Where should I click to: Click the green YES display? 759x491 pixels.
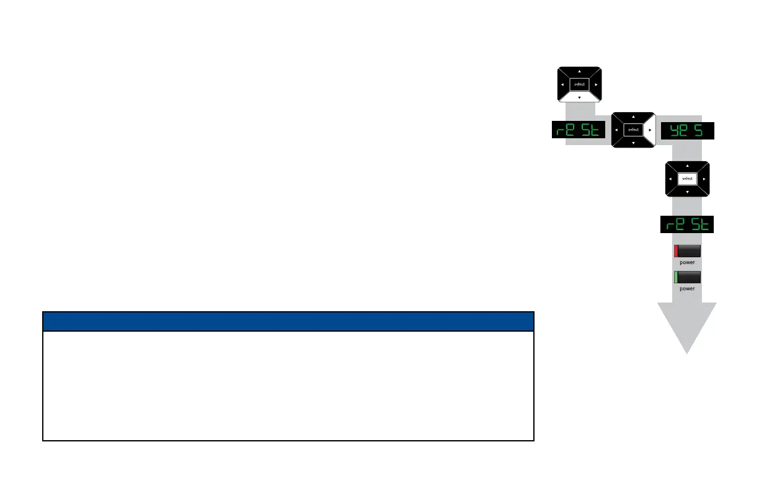687,131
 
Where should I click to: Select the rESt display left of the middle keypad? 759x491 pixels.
579,131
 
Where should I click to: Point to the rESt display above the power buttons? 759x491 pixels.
687,224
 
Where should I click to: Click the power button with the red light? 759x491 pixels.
688,251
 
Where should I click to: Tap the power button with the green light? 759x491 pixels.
688,277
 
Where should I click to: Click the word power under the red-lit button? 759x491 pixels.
687,262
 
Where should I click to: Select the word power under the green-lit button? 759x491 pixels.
687,288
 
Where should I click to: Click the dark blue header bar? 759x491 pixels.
288,321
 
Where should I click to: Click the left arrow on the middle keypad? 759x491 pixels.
616,130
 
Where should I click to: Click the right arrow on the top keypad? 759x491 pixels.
596,84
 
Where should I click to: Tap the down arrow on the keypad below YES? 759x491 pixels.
687,192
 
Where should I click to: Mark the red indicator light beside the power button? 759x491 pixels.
676,251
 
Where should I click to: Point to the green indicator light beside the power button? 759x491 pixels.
676,277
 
